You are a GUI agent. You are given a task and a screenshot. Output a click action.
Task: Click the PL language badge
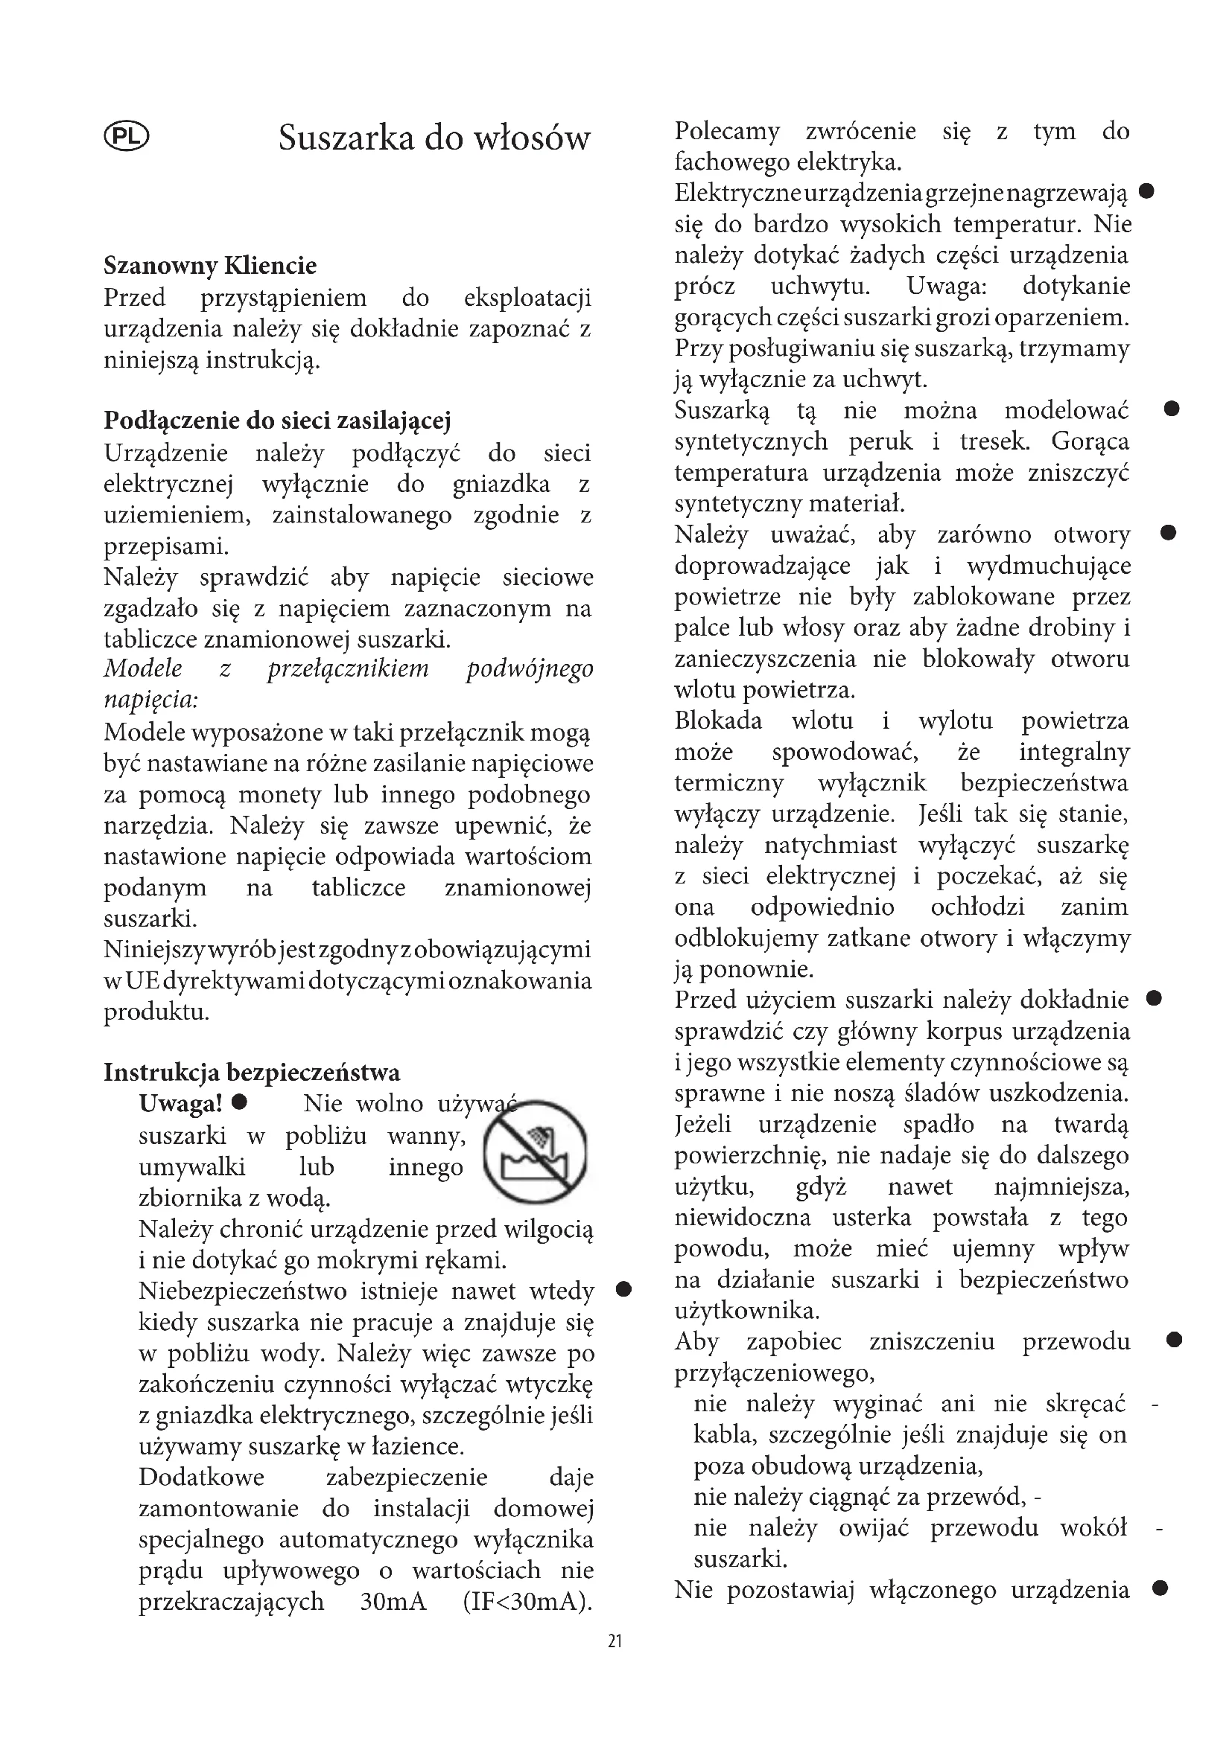126,137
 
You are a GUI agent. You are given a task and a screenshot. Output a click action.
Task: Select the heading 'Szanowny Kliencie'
210,266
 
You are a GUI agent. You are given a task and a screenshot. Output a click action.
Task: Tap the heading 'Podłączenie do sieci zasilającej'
277,421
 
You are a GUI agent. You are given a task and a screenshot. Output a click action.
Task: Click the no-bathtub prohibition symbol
536,1151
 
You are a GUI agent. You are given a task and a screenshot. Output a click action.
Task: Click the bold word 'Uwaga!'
180,1103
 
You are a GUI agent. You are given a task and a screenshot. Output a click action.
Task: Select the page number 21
615,1641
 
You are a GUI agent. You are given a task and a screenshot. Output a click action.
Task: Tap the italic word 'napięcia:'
151,699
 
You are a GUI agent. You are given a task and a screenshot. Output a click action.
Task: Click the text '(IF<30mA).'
527,1603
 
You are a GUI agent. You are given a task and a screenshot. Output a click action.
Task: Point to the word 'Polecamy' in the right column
727,131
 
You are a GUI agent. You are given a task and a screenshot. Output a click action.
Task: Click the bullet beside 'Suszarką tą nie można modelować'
1172,409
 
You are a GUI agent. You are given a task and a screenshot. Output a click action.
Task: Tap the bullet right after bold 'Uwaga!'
240,1101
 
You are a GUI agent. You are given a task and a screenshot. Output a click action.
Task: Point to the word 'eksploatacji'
527,298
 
